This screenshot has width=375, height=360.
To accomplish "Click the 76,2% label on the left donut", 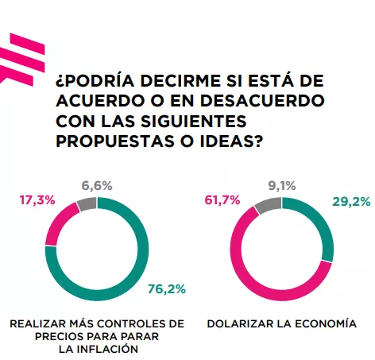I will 166,288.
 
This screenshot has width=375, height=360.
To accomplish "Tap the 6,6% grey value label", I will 97,185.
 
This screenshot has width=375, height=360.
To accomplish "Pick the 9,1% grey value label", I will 282,186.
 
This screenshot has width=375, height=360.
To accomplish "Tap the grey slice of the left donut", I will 87,203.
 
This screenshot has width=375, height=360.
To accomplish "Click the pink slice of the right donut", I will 238,262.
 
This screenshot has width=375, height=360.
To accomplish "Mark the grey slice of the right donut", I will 268,204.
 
